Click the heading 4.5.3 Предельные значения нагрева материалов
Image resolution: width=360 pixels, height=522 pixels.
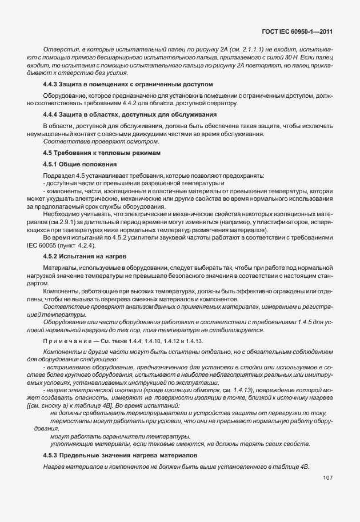[x=121, y=456]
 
